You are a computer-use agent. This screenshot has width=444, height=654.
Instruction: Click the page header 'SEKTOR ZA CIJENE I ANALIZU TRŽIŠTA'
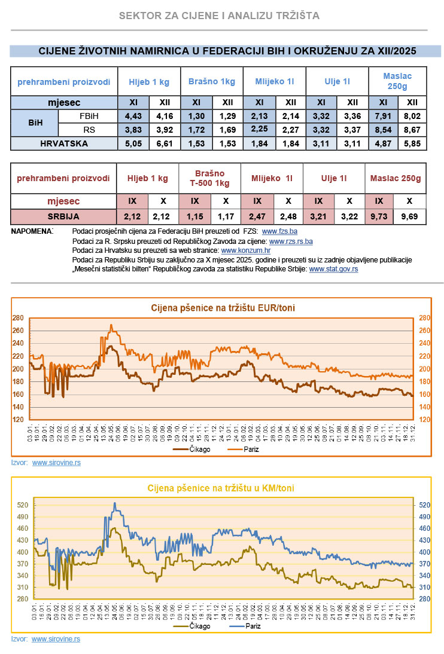tap(219, 16)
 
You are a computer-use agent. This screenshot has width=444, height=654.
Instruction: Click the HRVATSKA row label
tap(64, 143)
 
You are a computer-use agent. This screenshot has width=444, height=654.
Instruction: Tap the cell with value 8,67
tap(412, 130)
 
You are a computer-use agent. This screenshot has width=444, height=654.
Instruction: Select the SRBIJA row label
tap(64, 216)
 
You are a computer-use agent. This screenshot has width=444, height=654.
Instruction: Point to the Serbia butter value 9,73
tap(379, 216)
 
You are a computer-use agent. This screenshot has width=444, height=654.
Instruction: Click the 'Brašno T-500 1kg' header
tap(209, 178)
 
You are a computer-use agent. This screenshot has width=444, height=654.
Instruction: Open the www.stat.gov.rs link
tap(333, 270)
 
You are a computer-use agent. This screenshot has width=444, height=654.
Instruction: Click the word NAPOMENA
tap(32, 231)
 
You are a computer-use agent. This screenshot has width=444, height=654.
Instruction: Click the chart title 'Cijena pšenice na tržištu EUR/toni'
tap(222, 308)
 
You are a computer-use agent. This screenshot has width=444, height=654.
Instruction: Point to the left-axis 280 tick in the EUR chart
tap(19, 318)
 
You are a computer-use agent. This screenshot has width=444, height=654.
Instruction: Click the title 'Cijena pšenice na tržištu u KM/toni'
tap(221, 488)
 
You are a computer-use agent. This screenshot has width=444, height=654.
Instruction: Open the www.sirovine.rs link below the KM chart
tap(56, 639)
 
